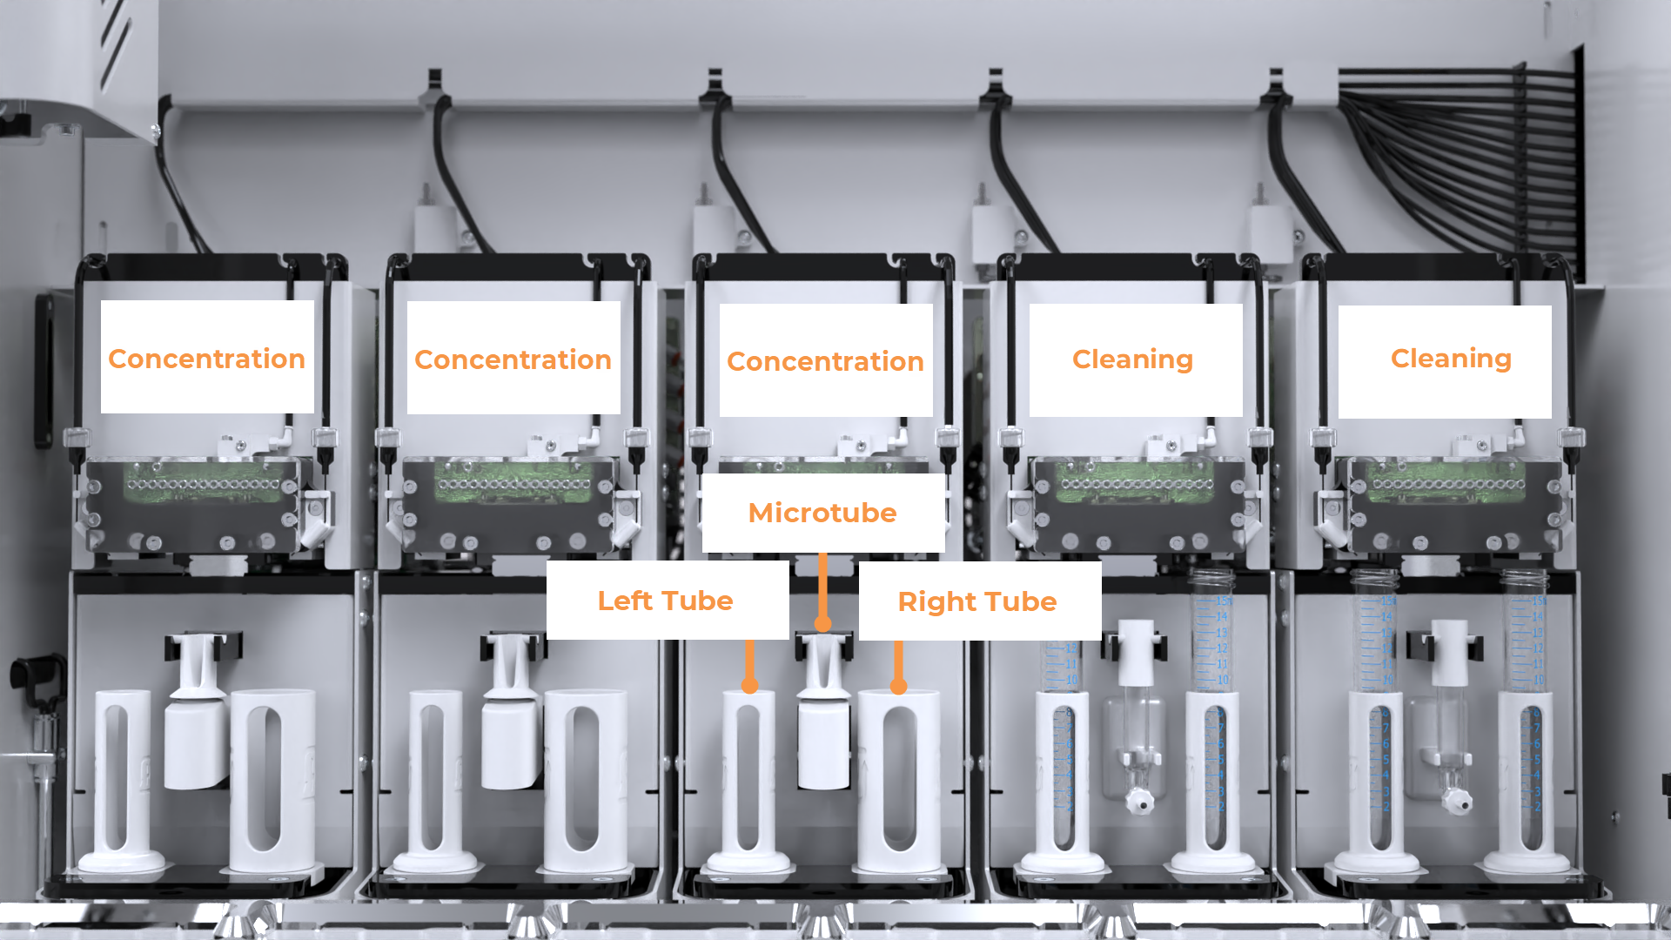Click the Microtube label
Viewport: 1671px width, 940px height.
pyautogui.click(x=822, y=513)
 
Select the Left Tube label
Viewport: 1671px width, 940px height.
pyautogui.click(x=666, y=601)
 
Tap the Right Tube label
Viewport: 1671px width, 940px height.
pyautogui.click(x=977, y=601)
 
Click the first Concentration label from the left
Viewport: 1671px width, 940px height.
pyautogui.click(x=207, y=358)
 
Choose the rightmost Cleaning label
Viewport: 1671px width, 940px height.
pyautogui.click(x=1451, y=359)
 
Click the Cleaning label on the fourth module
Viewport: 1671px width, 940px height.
pyautogui.click(x=1133, y=359)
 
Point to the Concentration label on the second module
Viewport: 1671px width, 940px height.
pyautogui.click(x=513, y=359)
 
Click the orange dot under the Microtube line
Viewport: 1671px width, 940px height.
pyautogui.click(x=822, y=623)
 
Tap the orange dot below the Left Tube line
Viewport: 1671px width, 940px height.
pyautogui.click(x=749, y=686)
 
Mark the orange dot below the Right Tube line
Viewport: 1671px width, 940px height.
pyautogui.click(x=899, y=687)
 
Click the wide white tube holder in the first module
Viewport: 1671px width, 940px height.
pyautogui.click(x=272, y=779)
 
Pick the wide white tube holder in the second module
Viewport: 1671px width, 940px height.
pyautogui.click(x=585, y=779)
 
